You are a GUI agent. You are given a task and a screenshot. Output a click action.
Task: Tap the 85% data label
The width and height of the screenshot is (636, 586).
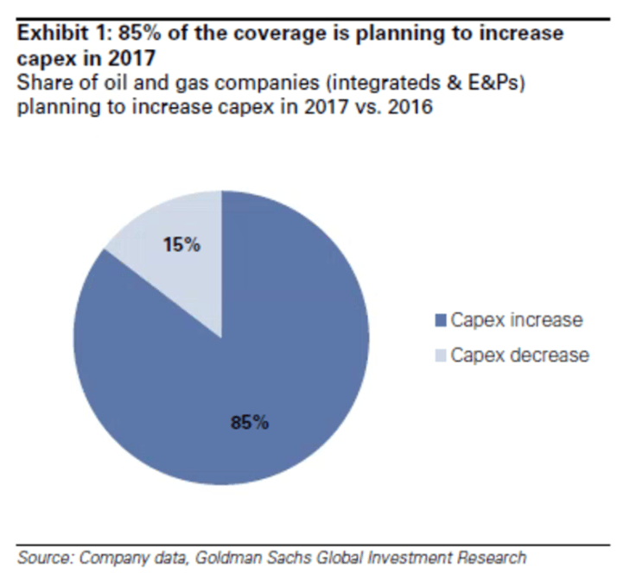250,423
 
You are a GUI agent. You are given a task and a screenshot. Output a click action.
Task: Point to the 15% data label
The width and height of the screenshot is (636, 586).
181,245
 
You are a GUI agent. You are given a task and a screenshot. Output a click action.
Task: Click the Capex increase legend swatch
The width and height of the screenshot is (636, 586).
441,321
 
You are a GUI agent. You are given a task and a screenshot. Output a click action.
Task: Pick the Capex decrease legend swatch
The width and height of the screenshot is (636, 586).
441,355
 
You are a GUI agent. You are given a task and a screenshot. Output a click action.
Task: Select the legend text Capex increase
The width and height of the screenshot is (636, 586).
517,321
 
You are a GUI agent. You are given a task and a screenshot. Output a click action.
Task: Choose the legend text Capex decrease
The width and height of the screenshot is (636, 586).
519,355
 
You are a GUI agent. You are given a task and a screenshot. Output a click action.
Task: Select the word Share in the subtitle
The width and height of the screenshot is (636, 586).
40,82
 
